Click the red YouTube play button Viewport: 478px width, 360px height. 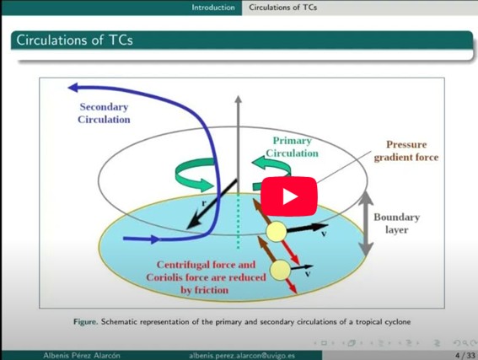(x=288, y=196)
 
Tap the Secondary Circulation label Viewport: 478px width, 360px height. (x=104, y=113)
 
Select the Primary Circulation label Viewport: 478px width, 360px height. (x=292, y=147)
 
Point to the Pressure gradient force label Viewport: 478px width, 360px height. (x=406, y=151)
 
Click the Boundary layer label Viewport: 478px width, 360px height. (x=396, y=223)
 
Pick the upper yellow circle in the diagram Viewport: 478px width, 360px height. (x=277, y=232)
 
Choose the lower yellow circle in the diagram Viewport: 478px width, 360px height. (x=280, y=270)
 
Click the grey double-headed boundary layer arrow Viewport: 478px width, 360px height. (x=366, y=224)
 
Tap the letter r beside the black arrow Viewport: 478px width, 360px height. (x=204, y=203)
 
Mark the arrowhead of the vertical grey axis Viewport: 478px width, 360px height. (x=239, y=99)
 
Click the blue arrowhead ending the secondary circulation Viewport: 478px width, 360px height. (x=73, y=88)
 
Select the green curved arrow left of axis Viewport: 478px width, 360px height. (x=194, y=175)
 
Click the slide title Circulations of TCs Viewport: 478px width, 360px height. (x=74, y=40)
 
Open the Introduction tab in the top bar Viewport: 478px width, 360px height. (x=213, y=8)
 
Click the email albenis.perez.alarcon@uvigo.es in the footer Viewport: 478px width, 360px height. (x=242, y=356)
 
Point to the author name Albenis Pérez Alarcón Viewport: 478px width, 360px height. (x=82, y=356)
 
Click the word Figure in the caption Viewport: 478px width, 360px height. (x=86, y=322)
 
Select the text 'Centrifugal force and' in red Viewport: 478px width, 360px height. (x=206, y=265)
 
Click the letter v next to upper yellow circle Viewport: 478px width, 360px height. (x=324, y=234)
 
